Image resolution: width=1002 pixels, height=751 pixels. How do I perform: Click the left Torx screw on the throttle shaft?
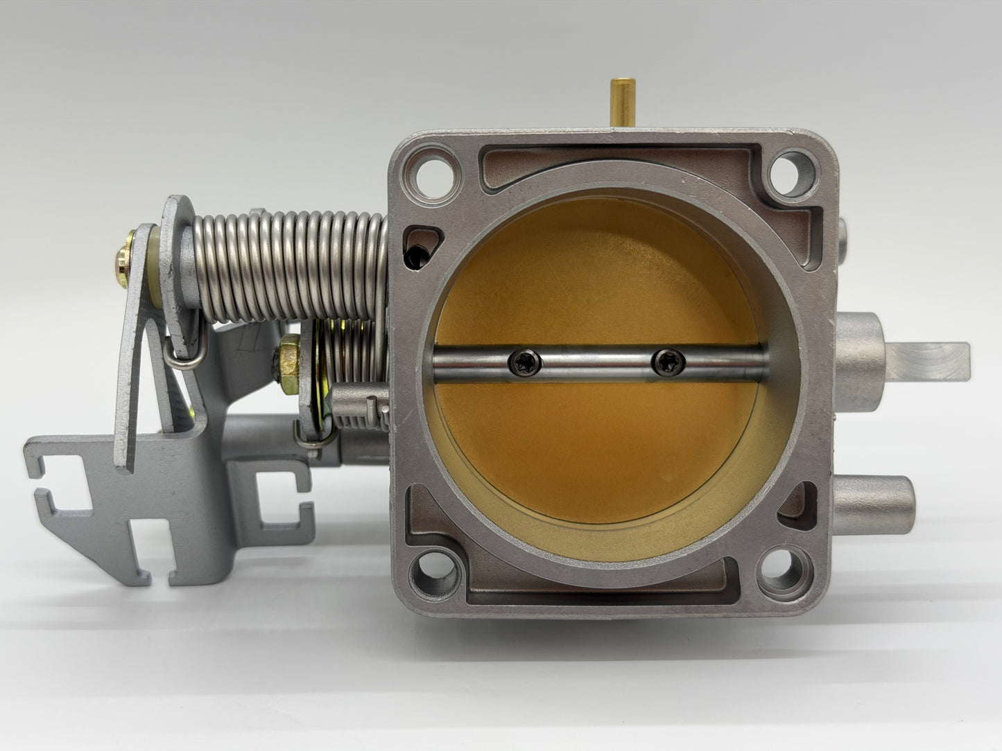pos(521,360)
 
